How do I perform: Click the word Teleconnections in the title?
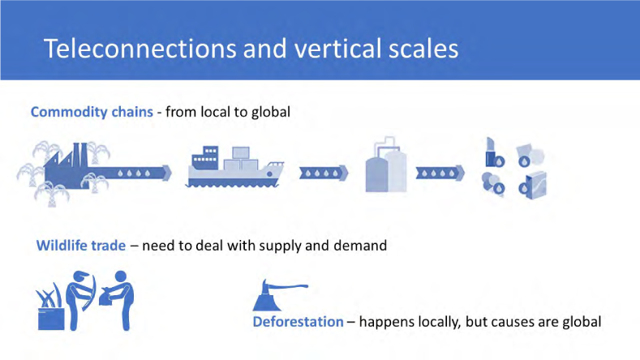pyautogui.click(x=140, y=48)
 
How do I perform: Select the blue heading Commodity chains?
pyautogui.click(x=92, y=112)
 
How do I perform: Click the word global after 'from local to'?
pyautogui.click(x=271, y=112)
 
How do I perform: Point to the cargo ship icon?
pyautogui.click(x=234, y=167)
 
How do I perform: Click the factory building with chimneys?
pyautogui.click(x=67, y=166)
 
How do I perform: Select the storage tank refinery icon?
pyautogui.click(x=386, y=165)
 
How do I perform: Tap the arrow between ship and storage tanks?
pyautogui.click(x=324, y=173)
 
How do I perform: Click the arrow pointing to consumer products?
pyautogui.click(x=440, y=173)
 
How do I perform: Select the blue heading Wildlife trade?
pyautogui.click(x=81, y=246)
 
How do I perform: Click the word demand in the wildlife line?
pyautogui.click(x=360, y=246)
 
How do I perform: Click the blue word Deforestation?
pyautogui.click(x=298, y=322)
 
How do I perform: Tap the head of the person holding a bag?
pyautogui.click(x=120, y=276)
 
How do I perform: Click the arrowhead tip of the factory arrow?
pyautogui.click(x=172, y=173)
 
